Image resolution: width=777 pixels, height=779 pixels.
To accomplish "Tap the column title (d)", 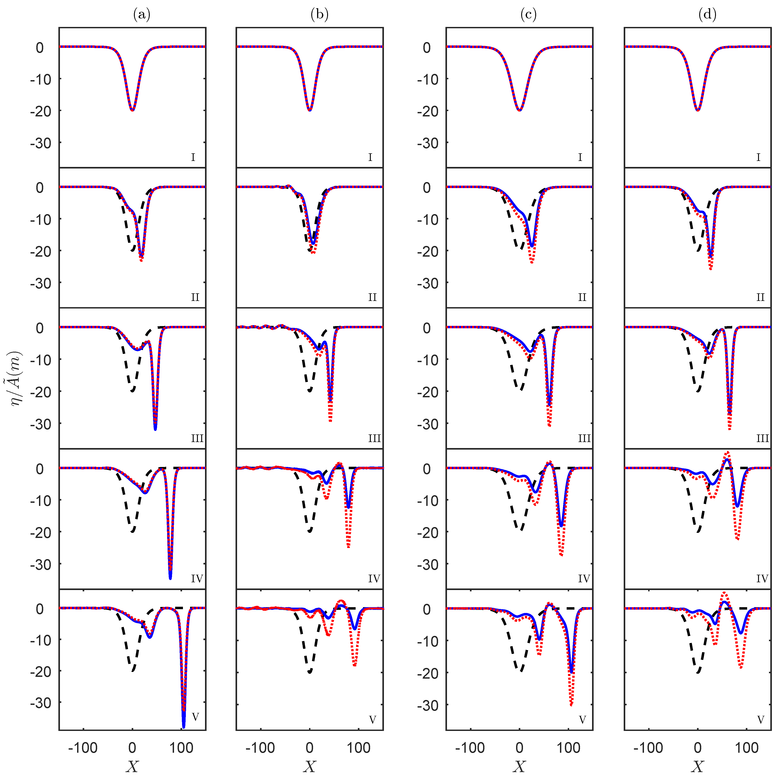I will tap(707, 15).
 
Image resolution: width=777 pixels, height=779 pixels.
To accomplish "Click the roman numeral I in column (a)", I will tap(193, 157).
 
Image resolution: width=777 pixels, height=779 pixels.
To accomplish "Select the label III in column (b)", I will tap(374, 438).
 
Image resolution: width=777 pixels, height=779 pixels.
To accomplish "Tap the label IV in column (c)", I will tap(584, 579).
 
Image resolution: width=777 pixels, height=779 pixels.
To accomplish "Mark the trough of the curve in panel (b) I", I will tap(309, 110).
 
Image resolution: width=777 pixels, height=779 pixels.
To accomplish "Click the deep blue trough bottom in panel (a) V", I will tap(184, 726).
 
